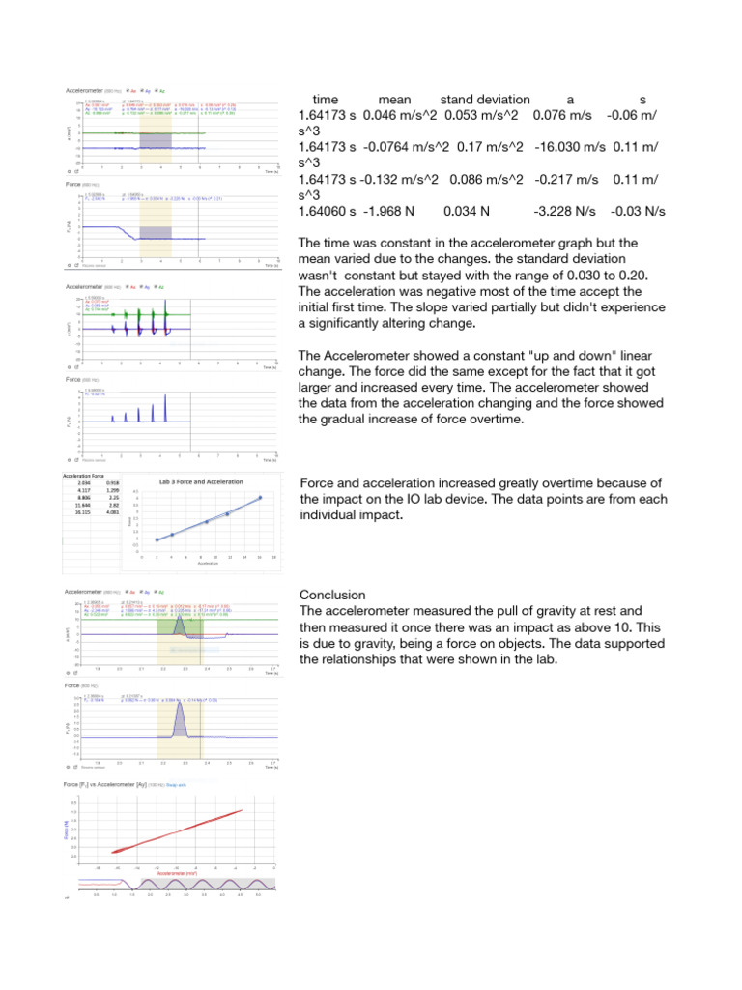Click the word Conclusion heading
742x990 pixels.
(331, 595)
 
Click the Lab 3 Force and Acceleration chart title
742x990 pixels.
(201, 481)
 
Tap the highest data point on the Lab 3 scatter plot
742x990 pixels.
(259, 498)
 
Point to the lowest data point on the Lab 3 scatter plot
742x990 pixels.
(157, 539)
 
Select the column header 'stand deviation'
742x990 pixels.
(484, 100)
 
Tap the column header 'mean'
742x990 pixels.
(394, 100)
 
